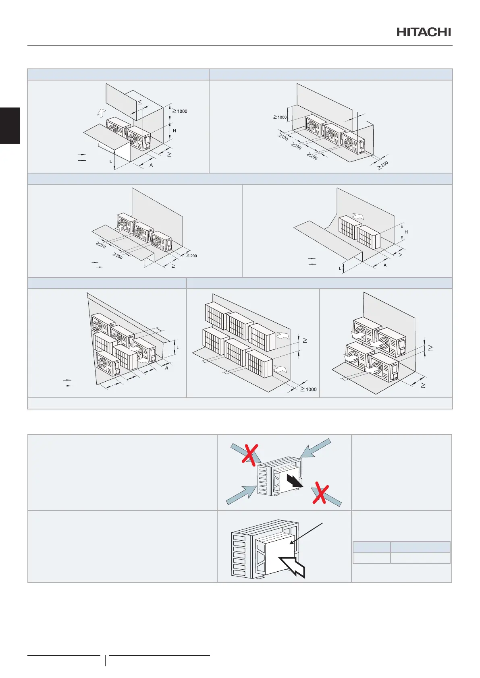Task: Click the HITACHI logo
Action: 424,32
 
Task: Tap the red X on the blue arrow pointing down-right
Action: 320,493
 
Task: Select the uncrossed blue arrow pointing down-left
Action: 317,449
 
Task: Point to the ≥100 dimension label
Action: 283,137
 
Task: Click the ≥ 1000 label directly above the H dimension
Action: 180,111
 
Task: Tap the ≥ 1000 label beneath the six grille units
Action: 309,389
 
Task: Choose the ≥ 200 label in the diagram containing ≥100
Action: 383,165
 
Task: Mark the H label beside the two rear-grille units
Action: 406,232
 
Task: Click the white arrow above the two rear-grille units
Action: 358,216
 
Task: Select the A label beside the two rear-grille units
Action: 385,265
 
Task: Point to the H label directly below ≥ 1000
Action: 175,131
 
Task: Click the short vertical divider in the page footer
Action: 105,660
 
